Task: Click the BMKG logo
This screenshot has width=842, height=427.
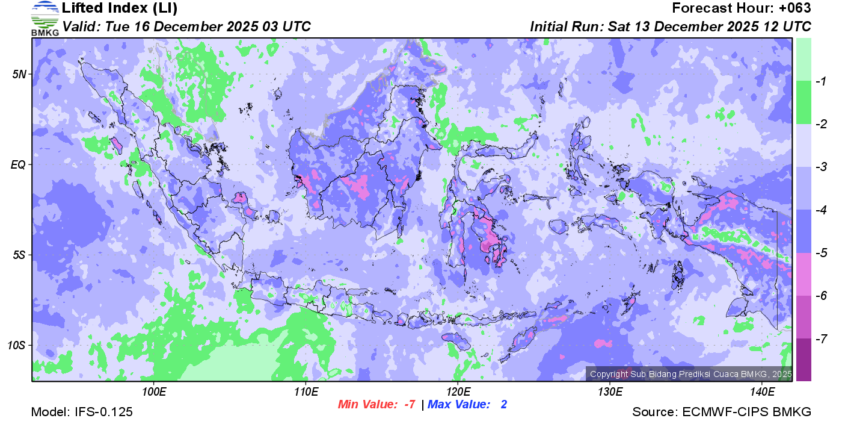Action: pyautogui.click(x=45, y=19)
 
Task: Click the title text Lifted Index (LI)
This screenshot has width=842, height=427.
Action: pyautogui.click(x=120, y=8)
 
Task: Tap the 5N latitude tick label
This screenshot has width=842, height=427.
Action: pyautogui.click(x=20, y=74)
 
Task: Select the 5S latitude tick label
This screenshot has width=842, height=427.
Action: pyautogui.click(x=20, y=255)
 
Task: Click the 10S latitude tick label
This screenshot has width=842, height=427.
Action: pyautogui.click(x=17, y=345)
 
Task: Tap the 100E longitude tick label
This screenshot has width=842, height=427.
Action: pyautogui.click(x=154, y=392)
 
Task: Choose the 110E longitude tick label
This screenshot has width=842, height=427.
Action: pyautogui.click(x=306, y=392)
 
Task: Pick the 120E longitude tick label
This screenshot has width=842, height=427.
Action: pyautogui.click(x=458, y=392)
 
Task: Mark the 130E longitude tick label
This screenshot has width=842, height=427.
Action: pyautogui.click(x=610, y=392)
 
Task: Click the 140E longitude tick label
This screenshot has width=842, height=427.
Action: pyautogui.click(x=762, y=392)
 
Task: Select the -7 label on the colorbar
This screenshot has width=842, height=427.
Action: pyautogui.click(x=819, y=338)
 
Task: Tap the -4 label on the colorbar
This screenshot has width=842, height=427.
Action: pyautogui.click(x=819, y=210)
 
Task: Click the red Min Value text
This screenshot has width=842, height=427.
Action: pyautogui.click(x=376, y=405)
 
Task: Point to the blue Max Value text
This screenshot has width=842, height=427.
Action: pyautogui.click(x=467, y=405)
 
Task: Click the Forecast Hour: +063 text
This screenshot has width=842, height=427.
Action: pyautogui.click(x=742, y=8)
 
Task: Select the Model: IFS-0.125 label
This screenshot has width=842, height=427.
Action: pyautogui.click(x=82, y=412)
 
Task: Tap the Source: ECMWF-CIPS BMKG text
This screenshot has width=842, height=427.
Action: pyautogui.click(x=722, y=412)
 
